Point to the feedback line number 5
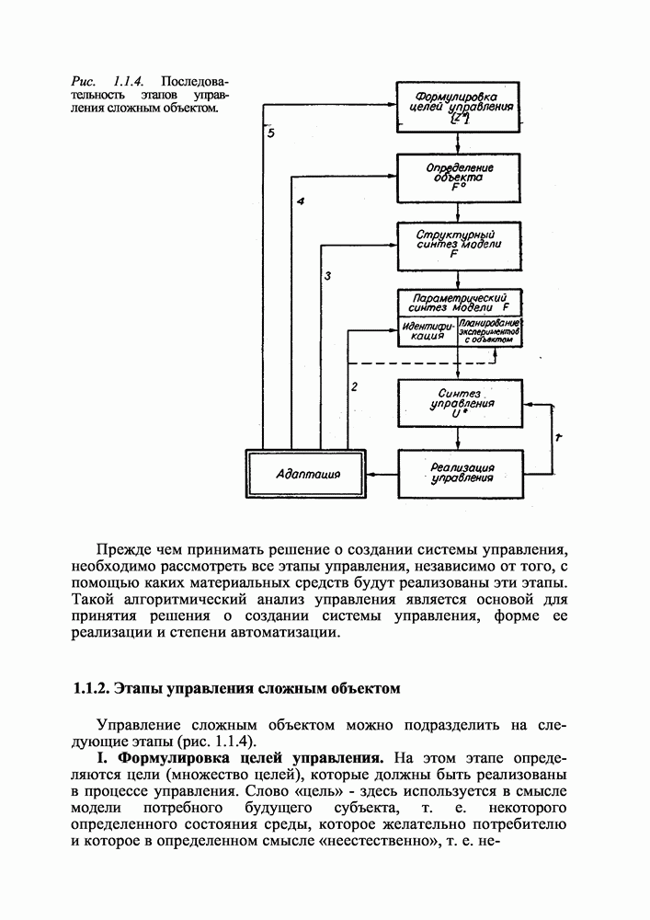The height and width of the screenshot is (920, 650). click(270, 134)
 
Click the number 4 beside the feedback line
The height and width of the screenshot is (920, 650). click(300, 201)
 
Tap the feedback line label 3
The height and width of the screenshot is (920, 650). click(328, 275)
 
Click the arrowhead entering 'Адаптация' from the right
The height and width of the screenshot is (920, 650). click(372, 474)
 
